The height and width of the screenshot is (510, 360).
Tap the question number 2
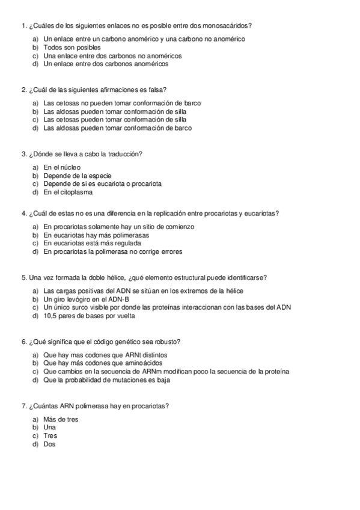pos(23,90)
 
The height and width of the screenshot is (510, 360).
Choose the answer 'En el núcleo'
pos(62,167)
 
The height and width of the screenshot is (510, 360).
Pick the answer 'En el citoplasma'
pos(68,192)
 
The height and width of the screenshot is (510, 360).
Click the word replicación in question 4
pos(171,213)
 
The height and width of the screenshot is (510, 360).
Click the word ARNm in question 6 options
pos(165,371)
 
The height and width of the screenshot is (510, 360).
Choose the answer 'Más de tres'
pos(61,419)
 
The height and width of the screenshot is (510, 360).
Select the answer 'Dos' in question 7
pos(49,444)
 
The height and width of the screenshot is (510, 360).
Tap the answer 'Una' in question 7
pos(50,428)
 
